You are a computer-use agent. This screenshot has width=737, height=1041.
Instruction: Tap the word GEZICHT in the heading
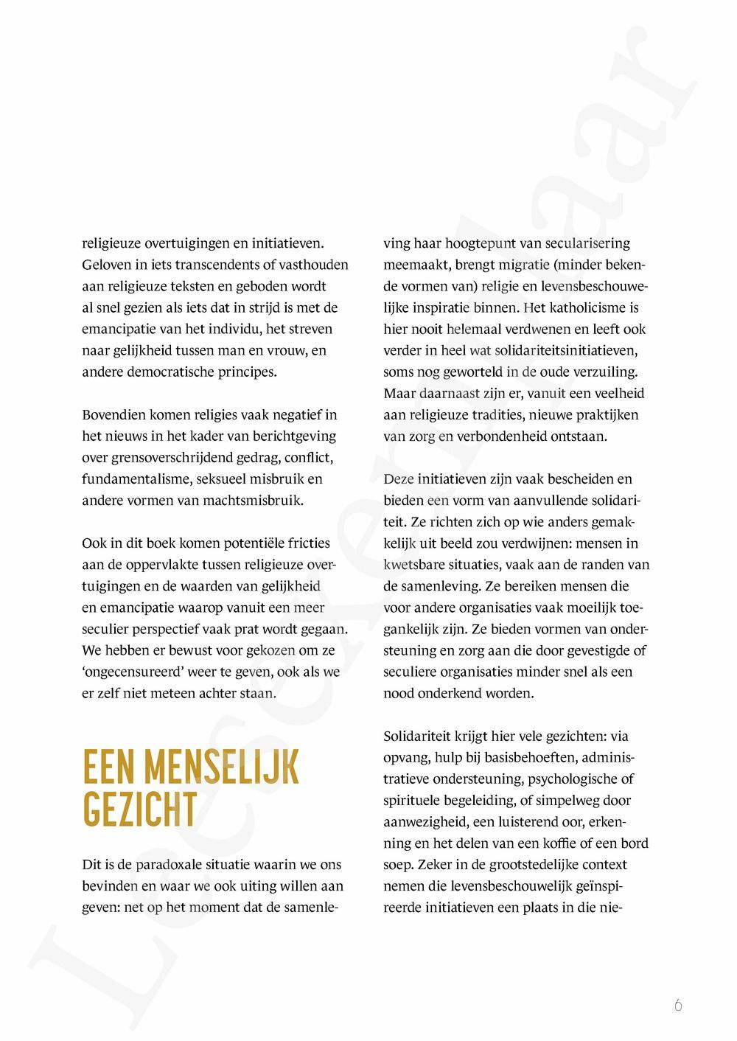[140, 809]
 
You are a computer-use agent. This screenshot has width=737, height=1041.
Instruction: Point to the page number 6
[678, 1005]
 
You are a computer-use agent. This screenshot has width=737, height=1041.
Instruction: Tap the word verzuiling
[606, 372]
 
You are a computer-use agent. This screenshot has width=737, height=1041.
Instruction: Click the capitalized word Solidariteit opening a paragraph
[422, 736]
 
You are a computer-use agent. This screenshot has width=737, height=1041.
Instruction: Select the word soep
[397, 864]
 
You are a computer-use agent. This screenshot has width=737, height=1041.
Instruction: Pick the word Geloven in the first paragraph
[106, 264]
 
